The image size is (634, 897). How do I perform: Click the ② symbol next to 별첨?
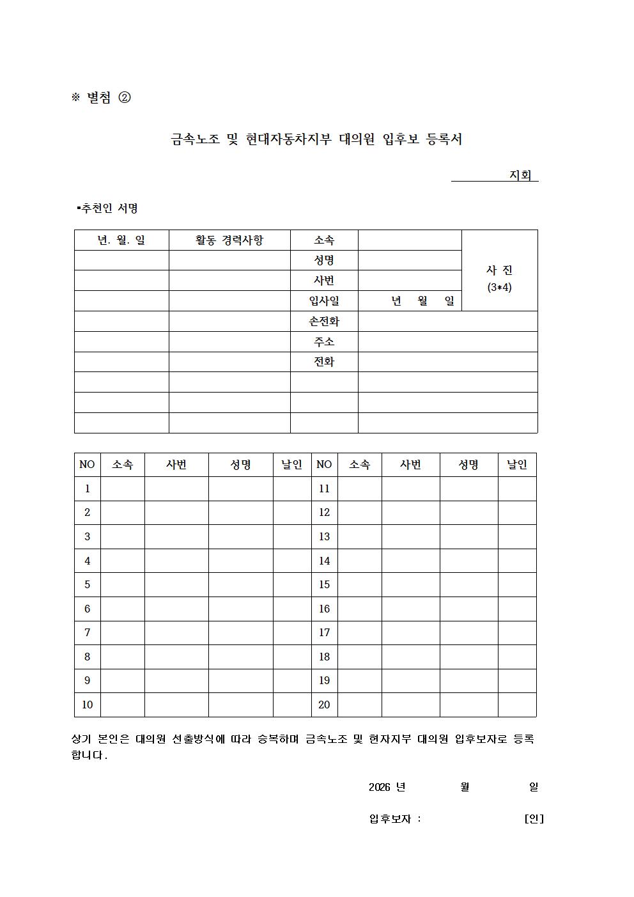[125, 97]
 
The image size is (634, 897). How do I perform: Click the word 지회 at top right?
[520, 175]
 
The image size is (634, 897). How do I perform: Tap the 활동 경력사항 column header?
[229, 240]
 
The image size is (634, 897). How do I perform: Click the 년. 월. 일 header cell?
[121, 240]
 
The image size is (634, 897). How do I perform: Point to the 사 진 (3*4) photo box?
[499, 278]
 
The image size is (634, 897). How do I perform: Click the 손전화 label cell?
[324, 321]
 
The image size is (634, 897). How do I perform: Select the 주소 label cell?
[324, 341]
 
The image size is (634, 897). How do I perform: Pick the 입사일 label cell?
[324, 300]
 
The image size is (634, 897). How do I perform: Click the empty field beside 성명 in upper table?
[409, 260]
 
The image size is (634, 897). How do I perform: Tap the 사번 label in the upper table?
[324, 280]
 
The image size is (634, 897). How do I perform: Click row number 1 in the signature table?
[88, 488]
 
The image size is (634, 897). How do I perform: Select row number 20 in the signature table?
[324, 705]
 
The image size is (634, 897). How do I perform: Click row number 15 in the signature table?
[324, 584]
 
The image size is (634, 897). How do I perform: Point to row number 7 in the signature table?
[88, 632]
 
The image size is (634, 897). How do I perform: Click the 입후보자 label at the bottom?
[390, 818]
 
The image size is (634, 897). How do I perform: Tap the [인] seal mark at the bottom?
[534, 818]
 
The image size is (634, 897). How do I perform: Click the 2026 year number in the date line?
[379, 787]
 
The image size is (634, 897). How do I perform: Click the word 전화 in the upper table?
[324, 361]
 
